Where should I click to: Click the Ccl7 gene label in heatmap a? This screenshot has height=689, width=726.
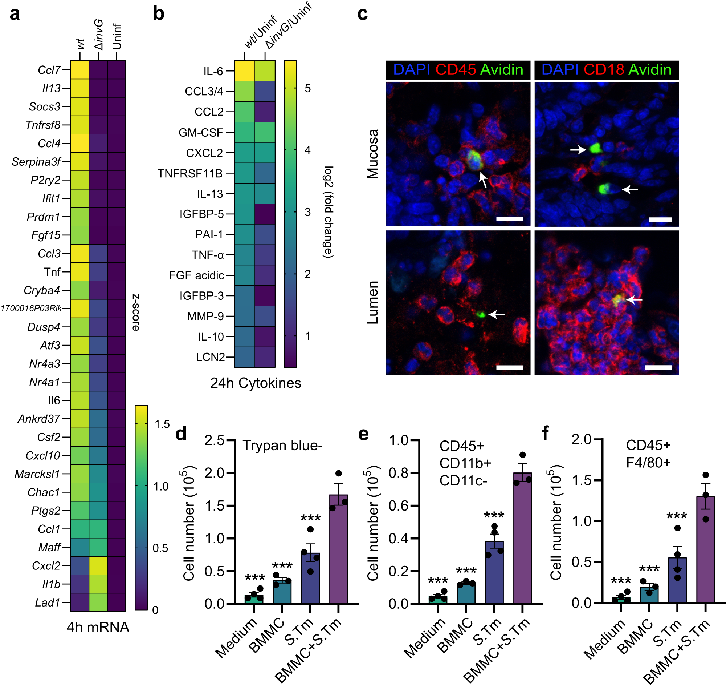[x=49, y=70]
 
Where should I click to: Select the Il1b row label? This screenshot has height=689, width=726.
[x=51, y=584]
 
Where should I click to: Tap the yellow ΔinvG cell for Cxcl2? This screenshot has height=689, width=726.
[x=98, y=565]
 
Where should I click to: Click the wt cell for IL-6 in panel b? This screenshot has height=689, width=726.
[x=244, y=71]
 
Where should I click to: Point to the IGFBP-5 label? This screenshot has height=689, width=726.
[x=201, y=214]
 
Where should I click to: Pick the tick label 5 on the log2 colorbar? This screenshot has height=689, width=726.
[x=307, y=89]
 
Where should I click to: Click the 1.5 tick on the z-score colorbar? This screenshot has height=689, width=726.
[x=162, y=424]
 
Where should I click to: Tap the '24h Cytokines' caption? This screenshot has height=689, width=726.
[x=255, y=383]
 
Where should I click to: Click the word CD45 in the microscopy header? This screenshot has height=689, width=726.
[x=455, y=70]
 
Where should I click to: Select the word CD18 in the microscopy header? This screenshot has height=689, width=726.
[x=603, y=70]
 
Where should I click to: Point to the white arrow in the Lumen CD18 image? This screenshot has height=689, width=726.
[x=635, y=300]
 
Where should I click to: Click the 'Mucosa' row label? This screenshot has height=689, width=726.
[x=372, y=154]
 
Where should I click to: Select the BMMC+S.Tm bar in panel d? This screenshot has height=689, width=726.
[x=338, y=549]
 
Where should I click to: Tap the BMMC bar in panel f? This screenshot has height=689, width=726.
[x=649, y=595]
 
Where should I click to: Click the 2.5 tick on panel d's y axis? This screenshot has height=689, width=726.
[x=214, y=440]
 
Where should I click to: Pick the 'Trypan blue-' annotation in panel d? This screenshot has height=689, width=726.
[x=282, y=446]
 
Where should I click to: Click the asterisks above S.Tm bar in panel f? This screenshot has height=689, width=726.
[x=677, y=516]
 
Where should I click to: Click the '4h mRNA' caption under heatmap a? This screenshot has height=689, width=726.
[x=98, y=627]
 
